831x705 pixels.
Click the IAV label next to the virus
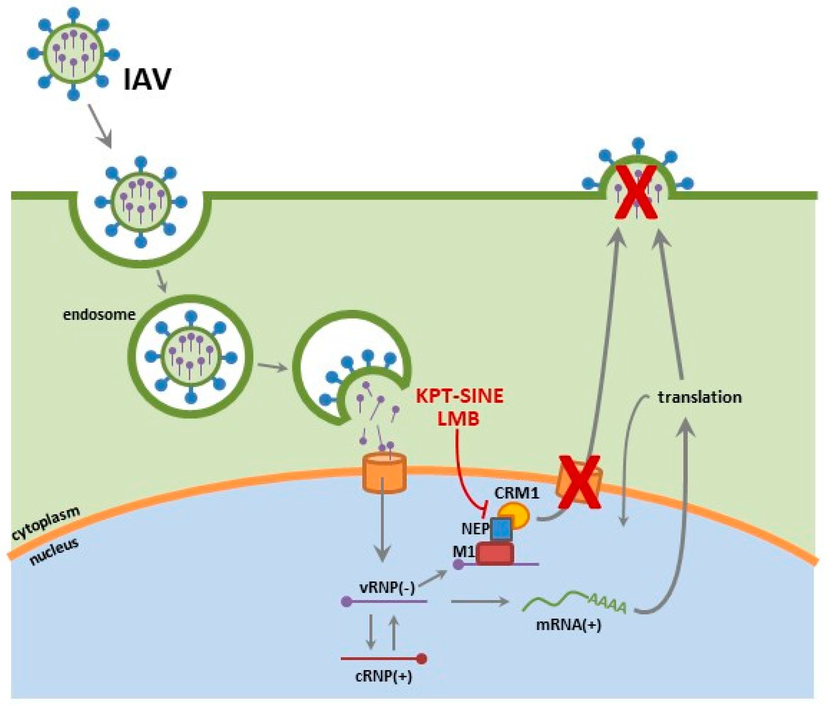point(147,80)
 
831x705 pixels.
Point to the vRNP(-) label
point(387,587)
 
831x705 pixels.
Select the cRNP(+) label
point(383,677)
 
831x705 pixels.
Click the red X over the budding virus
point(635,193)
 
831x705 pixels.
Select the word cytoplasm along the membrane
point(45,523)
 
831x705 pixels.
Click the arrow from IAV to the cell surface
point(99,126)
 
